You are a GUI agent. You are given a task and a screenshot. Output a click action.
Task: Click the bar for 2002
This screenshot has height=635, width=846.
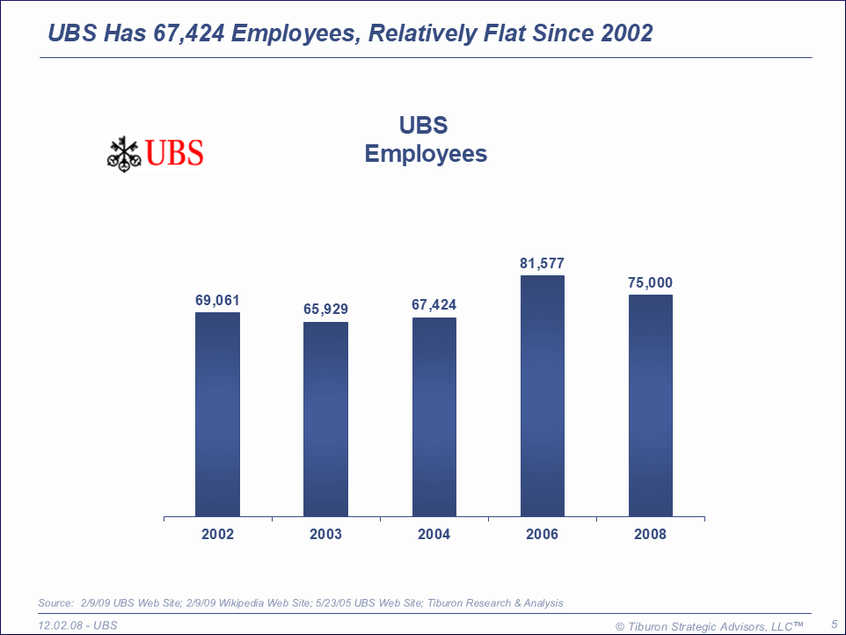217,414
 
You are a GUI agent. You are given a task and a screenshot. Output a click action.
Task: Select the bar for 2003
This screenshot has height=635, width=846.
325,419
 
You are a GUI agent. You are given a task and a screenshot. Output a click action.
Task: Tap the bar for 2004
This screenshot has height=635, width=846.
434,417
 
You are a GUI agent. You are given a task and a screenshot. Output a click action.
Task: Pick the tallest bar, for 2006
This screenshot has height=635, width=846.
543,396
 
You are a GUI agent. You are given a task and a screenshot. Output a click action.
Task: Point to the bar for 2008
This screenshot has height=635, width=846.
651,405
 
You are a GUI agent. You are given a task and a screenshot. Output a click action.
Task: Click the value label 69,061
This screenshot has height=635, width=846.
217,301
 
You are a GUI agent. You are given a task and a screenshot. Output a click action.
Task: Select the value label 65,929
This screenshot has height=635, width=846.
325,310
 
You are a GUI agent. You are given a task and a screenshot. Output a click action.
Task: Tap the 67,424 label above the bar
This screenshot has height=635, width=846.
434,306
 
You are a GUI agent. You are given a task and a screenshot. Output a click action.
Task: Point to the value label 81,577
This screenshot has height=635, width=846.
543,263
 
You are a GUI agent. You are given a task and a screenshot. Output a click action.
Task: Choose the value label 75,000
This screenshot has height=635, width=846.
651,283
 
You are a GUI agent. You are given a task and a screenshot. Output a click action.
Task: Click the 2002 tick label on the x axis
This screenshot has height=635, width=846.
217,535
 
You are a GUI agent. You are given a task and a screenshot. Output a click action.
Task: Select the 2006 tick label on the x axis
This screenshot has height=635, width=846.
543,535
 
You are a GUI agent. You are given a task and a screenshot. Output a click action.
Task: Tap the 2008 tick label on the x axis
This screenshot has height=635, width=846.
651,535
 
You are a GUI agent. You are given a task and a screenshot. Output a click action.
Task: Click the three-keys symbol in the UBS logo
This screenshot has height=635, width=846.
124,154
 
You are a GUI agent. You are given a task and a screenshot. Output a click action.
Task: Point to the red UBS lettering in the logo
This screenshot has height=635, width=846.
174,154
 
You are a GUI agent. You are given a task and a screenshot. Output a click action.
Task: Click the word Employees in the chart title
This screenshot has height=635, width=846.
426,154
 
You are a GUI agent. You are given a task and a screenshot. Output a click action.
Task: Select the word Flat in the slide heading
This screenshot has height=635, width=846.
506,34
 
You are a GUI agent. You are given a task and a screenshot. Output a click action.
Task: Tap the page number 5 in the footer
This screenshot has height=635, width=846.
834,624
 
